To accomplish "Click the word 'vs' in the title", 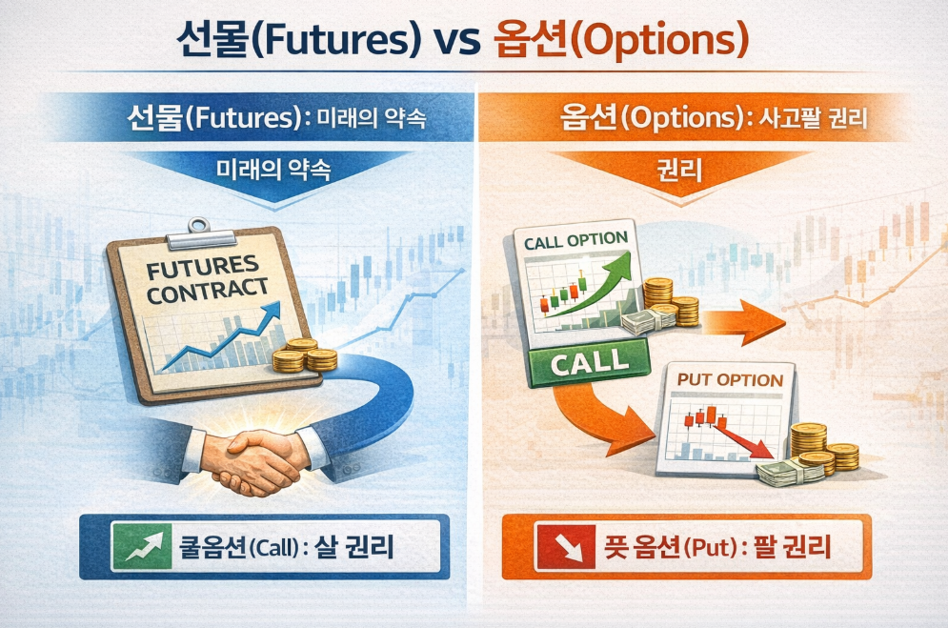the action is (455, 40).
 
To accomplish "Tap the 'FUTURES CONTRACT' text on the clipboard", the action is (207, 280).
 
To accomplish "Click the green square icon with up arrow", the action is (141, 546).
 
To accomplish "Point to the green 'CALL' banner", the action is (588, 362).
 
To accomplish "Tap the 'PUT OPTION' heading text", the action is (730, 380).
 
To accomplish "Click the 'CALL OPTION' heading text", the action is (575, 240).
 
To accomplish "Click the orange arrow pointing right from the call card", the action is (744, 322).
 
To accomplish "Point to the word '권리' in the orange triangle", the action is (679, 171).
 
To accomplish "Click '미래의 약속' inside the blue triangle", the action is (273, 170).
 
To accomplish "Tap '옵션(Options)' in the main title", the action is (620, 41).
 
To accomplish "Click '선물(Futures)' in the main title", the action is (298, 41).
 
